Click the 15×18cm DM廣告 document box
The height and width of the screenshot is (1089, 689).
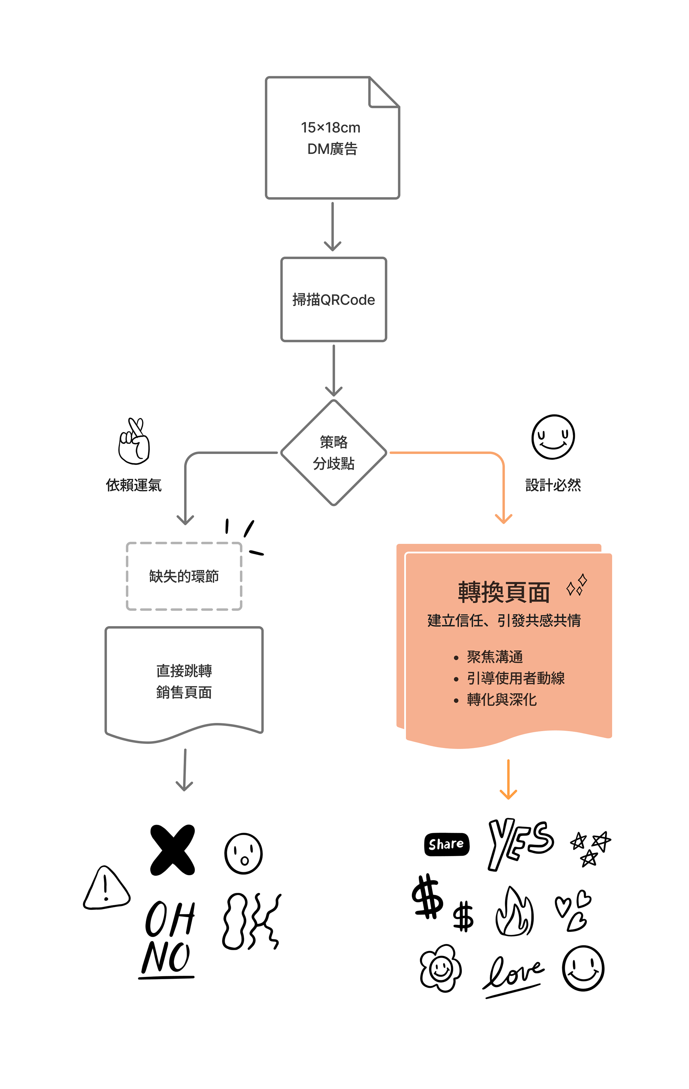click(332, 138)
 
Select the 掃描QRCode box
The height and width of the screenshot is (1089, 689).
click(334, 299)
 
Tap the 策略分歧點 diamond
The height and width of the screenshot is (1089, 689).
click(334, 452)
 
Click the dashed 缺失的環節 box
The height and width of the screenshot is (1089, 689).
click(184, 576)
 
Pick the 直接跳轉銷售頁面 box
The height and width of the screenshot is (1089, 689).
click(184, 681)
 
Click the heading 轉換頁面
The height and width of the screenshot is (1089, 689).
click(503, 593)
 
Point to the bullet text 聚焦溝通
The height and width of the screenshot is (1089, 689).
click(495, 656)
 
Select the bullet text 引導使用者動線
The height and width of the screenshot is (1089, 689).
click(515, 678)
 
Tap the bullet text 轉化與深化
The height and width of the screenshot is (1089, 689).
click(501, 700)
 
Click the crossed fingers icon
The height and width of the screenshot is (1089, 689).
click(134, 441)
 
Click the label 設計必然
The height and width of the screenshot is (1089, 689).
click(553, 485)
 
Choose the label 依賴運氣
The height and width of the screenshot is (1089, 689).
click(134, 485)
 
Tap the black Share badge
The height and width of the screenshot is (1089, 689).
click(446, 844)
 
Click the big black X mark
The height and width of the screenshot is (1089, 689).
click(172, 850)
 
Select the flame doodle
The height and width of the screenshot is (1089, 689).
click(515, 912)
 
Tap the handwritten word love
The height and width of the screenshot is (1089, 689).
click(514, 974)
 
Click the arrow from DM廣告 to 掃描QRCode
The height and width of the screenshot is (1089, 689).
click(332, 226)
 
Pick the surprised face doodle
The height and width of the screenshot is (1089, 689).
click(243, 854)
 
